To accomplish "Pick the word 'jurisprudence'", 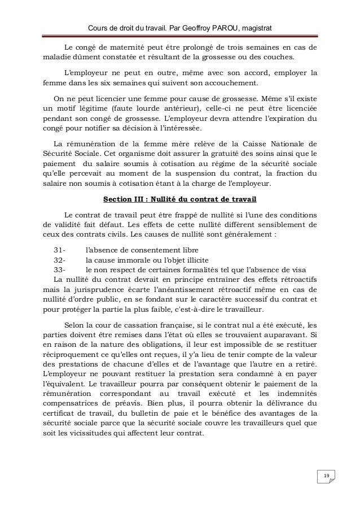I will pyautogui.click(x=89, y=290).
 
